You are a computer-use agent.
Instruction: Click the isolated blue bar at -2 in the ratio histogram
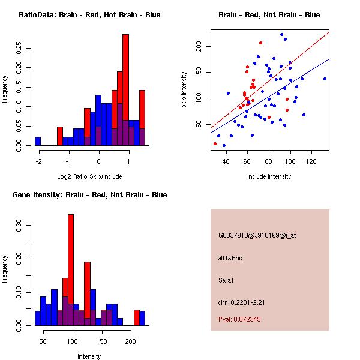[x=38, y=141]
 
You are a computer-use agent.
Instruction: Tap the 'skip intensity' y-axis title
[x=185, y=90]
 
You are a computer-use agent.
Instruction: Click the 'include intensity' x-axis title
[x=269, y=176]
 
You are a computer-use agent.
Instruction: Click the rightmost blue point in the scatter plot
[x=325, y=79]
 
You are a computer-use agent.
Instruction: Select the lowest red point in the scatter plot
[x=215, y=143]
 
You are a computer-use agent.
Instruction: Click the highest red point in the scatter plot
[x=260, y=43]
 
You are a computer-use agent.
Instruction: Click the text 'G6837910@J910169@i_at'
[x=257, y=235]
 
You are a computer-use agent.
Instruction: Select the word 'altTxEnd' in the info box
[x=230, y=258]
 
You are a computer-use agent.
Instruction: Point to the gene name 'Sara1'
[x=226, y=280]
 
